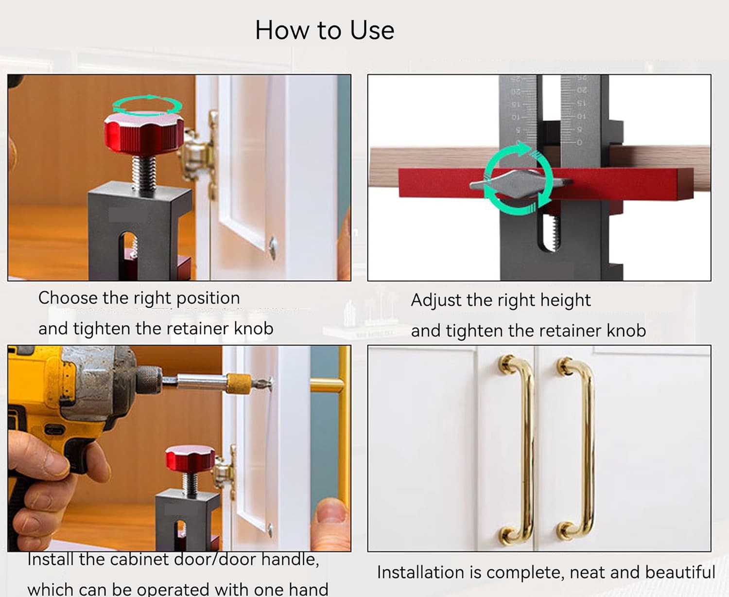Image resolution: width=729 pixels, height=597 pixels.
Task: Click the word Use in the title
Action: coord(372,30)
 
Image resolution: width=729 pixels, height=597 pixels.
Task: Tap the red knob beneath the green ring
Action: coord(144,135)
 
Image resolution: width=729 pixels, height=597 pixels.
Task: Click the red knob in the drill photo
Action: coord(190,458)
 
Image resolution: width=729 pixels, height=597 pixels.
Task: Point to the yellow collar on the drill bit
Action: coord(239,384)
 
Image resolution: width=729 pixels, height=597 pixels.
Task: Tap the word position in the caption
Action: coord(208,298)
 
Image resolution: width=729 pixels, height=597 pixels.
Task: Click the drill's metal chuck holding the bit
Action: coord(149,381)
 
